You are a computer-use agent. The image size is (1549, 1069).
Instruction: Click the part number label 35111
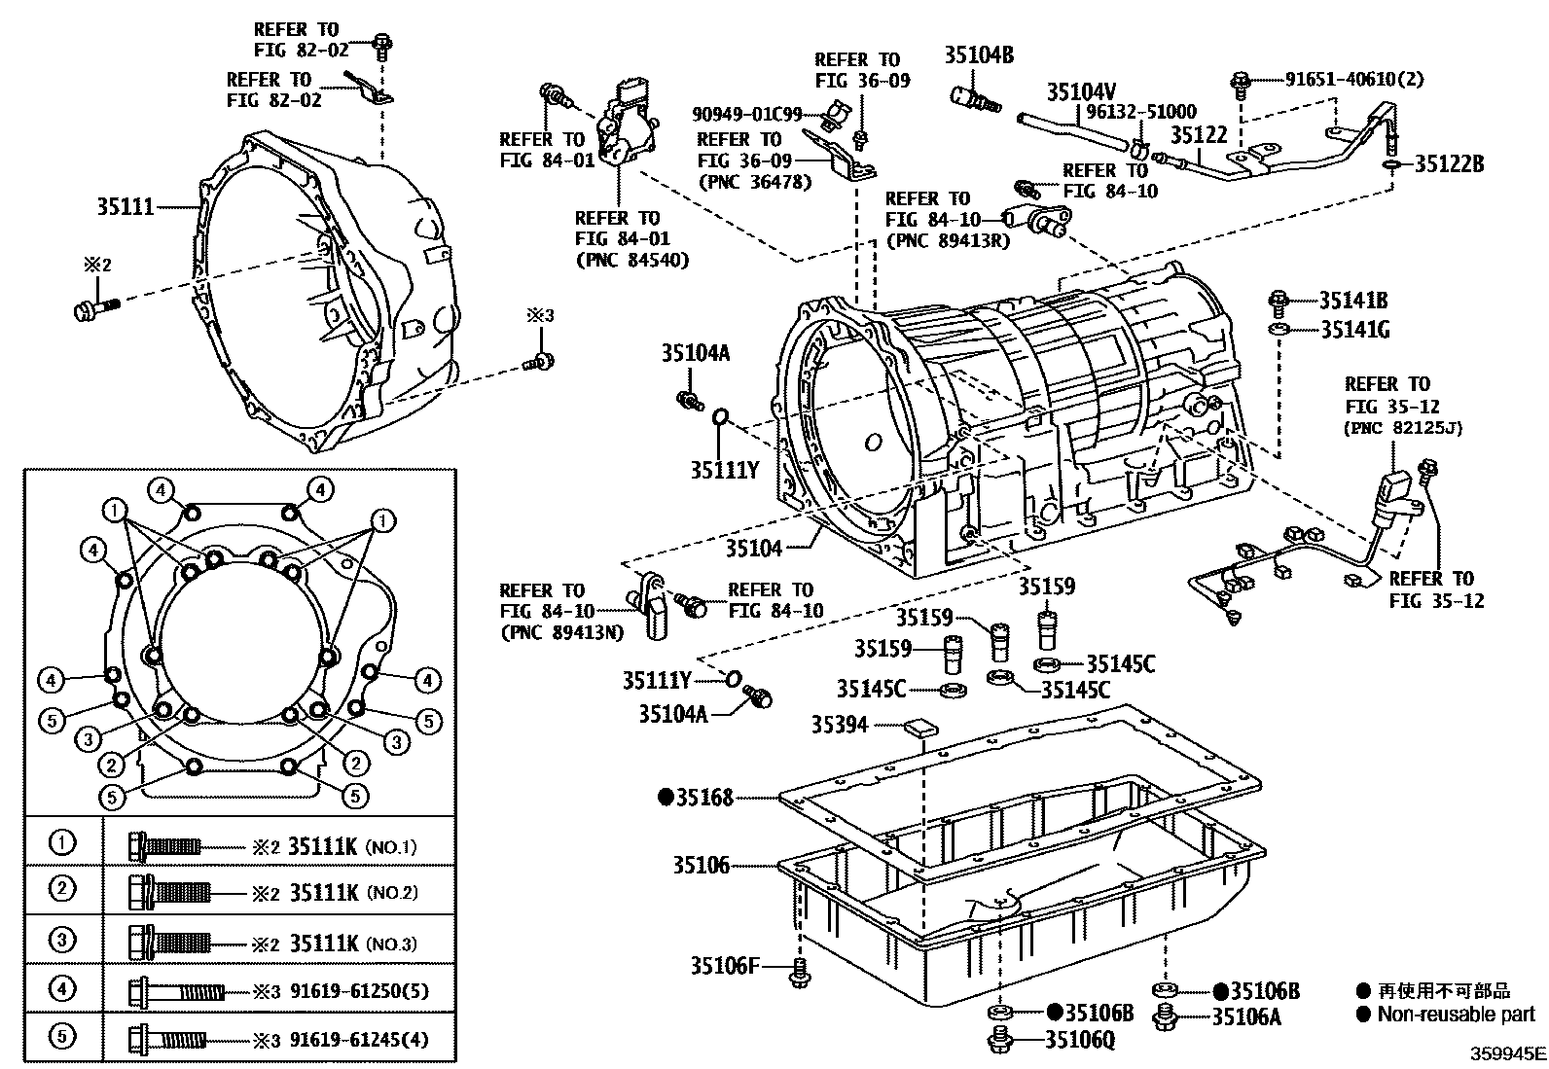[x=126, y=206]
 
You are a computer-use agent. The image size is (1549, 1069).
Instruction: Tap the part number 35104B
[x=978, y=55]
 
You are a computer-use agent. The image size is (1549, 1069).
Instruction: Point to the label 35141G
[x=1354, y=330]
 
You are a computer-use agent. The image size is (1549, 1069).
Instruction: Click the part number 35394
[x=840, y=724]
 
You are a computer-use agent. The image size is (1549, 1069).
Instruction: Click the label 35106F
[x=724, y=966]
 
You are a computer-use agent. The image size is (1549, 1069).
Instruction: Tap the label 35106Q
[x=1079, y=1040]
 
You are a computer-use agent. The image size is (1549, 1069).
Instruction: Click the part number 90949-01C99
[x=747, y=114]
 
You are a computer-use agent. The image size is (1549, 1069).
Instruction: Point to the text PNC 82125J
[x=1405, y=428]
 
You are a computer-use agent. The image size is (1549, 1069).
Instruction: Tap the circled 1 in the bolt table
[x=62, y=841]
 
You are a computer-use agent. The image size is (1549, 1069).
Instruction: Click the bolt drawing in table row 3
[x=168, y=941]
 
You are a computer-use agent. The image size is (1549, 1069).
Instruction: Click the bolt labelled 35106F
[x=800, y=971]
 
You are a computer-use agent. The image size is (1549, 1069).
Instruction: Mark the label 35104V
[x=1081, y=92]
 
